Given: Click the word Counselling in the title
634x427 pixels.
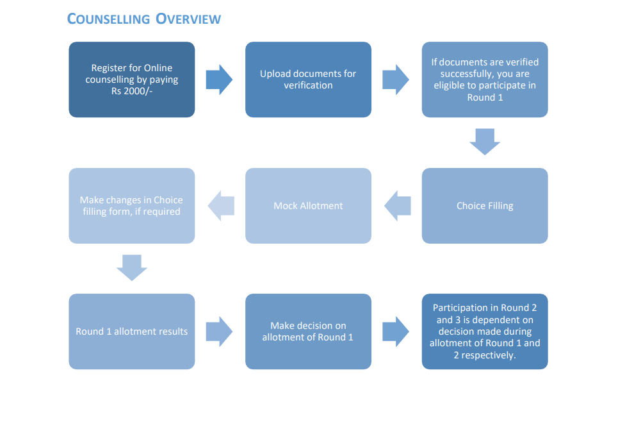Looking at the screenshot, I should pos(107,19).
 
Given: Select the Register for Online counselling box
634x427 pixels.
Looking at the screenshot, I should pos(131,80).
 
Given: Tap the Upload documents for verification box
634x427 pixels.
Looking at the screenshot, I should pos(308,80).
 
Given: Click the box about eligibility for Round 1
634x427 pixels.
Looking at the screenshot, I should pos(485,80).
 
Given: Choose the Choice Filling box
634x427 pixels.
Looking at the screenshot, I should pos(485,206).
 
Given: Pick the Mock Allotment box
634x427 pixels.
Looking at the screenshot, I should pos(308,206).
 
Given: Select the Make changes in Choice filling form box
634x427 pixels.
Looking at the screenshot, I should pos(131,206).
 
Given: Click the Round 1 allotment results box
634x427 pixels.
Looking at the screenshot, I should pos(131,331).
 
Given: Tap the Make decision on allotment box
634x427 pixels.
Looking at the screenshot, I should pos(308,331).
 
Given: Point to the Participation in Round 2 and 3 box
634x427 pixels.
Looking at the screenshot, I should pos(485,331).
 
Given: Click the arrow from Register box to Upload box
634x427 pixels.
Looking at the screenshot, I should pos(220,80).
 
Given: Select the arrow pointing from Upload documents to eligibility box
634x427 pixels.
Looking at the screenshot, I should pos(396,80).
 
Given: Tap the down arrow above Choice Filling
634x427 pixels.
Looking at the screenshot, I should pos(485,142).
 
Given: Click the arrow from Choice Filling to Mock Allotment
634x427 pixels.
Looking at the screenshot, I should pos(397,206).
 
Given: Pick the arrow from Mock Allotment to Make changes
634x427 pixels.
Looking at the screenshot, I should pos(220,206).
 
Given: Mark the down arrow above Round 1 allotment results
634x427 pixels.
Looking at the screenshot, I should pos(132,268).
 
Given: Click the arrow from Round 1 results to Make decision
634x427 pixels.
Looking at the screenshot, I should pos(220,331).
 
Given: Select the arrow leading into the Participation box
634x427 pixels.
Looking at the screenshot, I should pos(396,331).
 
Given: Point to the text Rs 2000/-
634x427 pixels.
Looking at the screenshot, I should pos(132,92).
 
